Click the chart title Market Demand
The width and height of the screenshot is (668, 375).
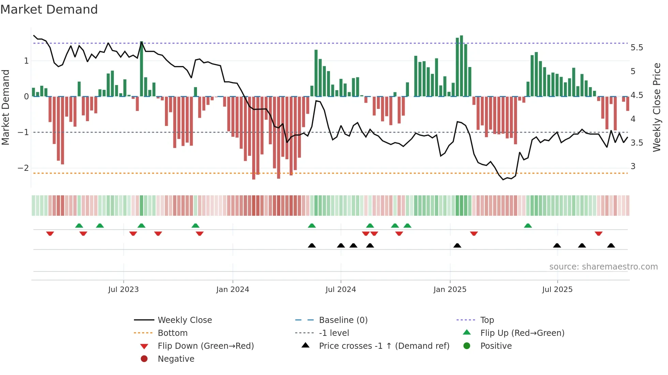click(49, 10)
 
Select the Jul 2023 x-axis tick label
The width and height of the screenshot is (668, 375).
click(123, 290)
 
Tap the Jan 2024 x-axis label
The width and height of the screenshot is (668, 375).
click(232, 290)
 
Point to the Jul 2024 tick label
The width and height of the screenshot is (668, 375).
click(340, 290)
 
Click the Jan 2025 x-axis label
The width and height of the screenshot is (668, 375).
click(450, 290)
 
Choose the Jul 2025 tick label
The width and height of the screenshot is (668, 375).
click(557, 290)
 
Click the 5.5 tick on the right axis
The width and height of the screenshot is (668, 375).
click(637, 48)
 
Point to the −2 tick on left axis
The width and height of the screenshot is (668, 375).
click(24, 168)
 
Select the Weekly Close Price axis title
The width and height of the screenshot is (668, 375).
click(656, 107)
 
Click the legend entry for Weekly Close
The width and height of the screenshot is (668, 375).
click(184, 320)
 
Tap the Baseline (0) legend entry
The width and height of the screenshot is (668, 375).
click(343, 320)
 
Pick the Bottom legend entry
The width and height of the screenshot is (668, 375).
click(172, 333)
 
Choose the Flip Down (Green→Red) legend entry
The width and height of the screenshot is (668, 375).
click(206, 346)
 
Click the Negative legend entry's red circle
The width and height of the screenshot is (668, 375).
click(144, 359)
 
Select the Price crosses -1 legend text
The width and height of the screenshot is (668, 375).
click(384, 346)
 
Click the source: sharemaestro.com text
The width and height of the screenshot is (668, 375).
click(603, 267)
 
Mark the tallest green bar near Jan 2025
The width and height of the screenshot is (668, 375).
click(461, 65)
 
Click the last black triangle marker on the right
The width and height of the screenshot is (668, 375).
click(611, 245)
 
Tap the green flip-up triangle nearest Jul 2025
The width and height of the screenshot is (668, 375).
click(528, 226)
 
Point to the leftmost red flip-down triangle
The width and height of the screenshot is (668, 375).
click(50, 233)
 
